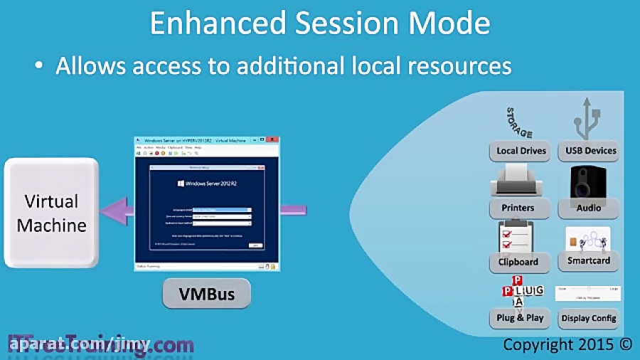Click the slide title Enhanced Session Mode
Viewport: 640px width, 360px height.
pos(319,23)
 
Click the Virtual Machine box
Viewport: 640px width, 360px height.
pos(51,213)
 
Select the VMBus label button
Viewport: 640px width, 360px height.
pos(206,293)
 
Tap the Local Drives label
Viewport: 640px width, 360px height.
pos(521,151)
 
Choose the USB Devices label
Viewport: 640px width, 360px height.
pos(590,151)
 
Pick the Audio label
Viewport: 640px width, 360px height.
pos(589,208)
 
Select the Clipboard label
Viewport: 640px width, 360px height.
pos(518,262)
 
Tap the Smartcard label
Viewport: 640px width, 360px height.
pos(588,261)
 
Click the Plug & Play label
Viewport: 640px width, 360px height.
pos(520,317)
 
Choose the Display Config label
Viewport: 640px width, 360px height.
pos(589,318)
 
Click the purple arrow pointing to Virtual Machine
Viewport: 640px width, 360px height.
pos(117,211)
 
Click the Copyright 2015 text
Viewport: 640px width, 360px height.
pos(567,344)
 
